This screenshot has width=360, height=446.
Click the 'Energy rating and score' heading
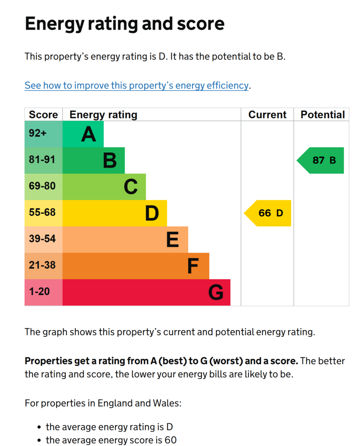tap(125, 24)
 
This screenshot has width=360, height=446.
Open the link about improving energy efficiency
tap(136, 85)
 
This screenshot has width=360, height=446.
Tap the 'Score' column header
tap(43, 115)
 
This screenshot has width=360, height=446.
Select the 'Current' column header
tap(267, 115)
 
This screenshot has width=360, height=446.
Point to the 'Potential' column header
tap(323, 115)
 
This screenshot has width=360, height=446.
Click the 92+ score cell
tap(44, 134)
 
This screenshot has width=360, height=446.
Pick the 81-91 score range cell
tap(44, 160)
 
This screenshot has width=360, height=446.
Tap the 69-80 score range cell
tap(44, 187)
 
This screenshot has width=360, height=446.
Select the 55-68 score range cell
tap(44, 213)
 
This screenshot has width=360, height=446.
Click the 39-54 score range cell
tap(44, 240)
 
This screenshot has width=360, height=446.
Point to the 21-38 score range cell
tap(44, 266)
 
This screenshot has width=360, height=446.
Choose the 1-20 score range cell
tap(44, 292)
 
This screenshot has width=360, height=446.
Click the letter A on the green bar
tap(88, 134)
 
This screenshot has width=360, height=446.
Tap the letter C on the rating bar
tap(131, 187)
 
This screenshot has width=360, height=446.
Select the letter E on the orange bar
tap(173, 240)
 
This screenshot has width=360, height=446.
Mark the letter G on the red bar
tap(216, 292)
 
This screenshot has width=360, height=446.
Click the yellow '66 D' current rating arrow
tap(268, 213)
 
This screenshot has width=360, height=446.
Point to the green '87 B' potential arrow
tap(320, 160)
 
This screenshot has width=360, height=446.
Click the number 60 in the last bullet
tap(170, 440)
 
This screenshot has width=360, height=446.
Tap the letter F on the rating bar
tap(193, 266)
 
